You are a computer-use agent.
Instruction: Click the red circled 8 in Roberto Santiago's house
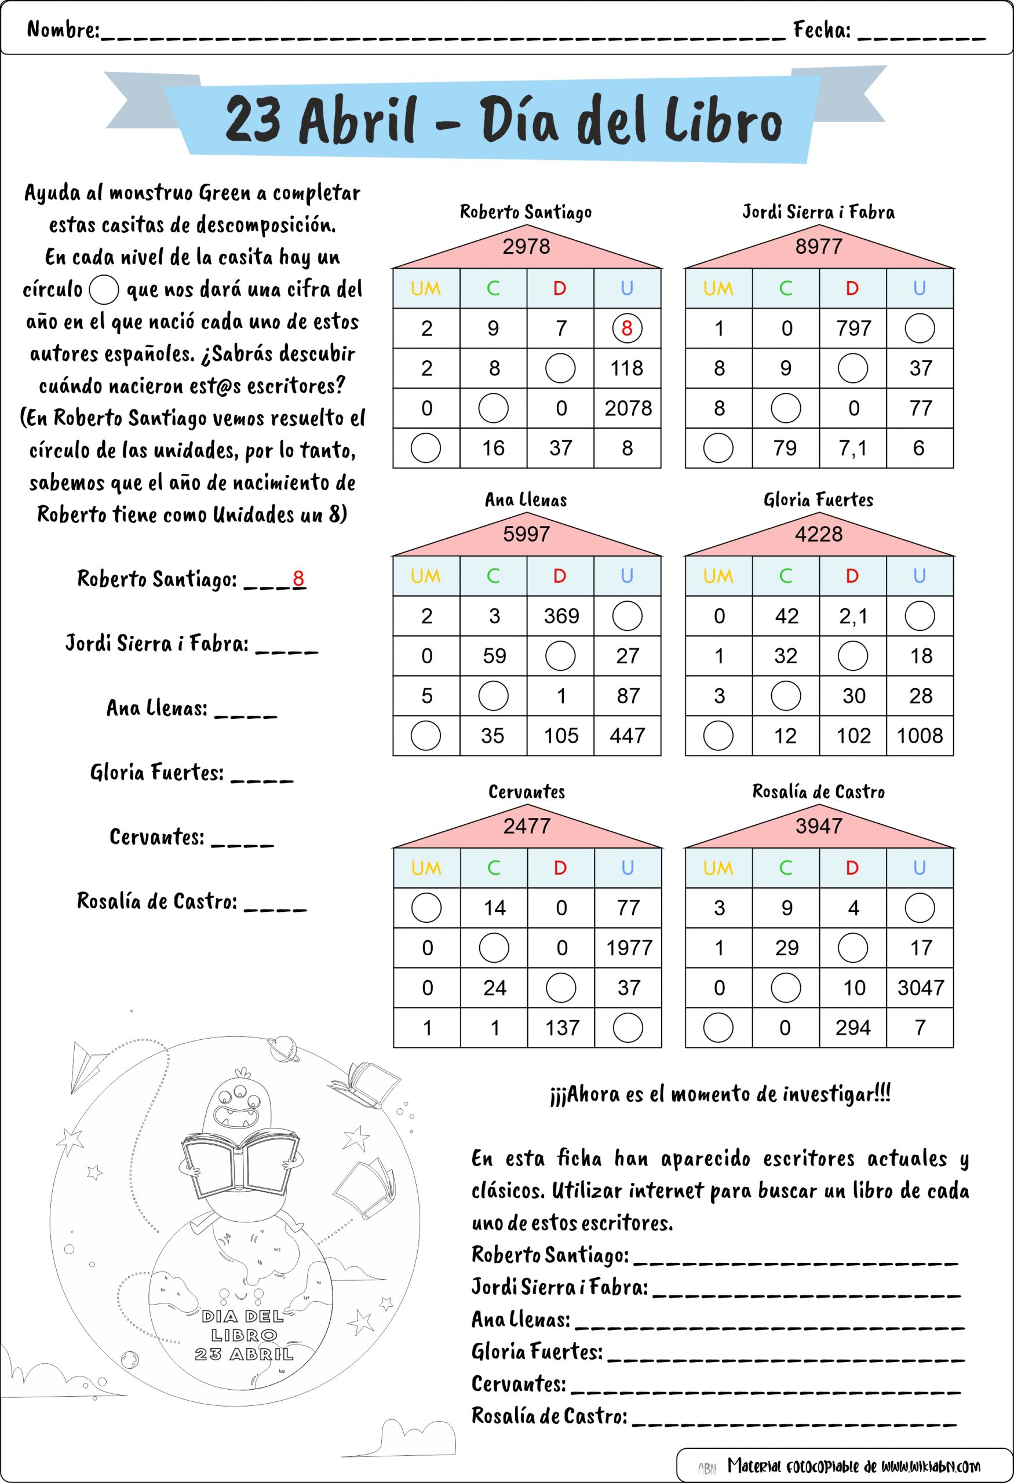tap(626, 328)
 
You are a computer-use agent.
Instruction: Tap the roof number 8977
tap(819, 246)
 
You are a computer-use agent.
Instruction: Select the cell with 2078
tap(628, 408)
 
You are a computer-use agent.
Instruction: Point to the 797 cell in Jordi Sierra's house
tap(853, 328)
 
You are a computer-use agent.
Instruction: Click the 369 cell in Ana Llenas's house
tap(561, 616)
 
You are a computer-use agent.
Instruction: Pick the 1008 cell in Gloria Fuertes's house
tap(920, 736)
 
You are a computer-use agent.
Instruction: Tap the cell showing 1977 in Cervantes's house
tap(629, 948)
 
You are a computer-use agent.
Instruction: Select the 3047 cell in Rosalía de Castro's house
tap(920, 988)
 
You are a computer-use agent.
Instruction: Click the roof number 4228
tap(819, 534)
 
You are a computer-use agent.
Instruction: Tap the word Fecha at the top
tap(821, 30)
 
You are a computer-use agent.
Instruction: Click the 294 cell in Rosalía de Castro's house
tap(853, 1027)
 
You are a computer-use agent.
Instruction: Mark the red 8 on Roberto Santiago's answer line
tap(298, 578)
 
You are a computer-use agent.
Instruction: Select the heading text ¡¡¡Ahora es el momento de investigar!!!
tap(720, 1094)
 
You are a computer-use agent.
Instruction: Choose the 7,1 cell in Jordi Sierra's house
tap(853, 448)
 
